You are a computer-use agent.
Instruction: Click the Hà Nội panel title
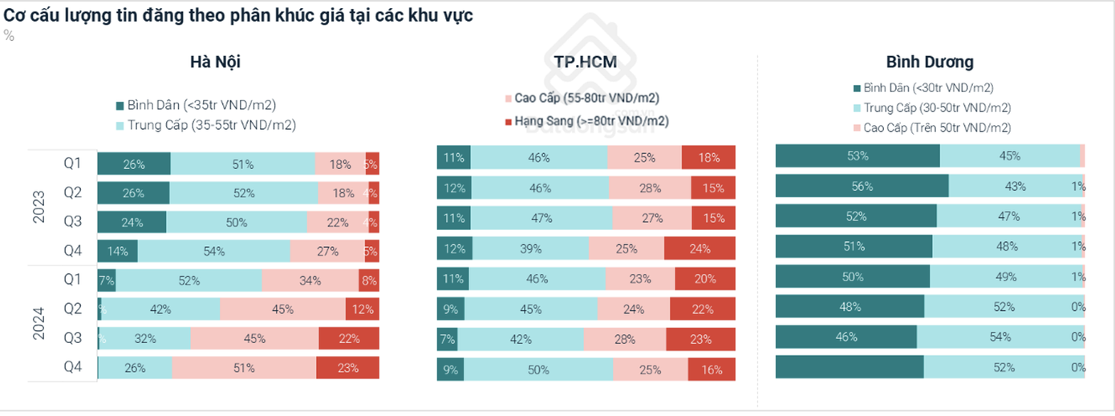215,62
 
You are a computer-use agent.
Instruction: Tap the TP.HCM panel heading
585,62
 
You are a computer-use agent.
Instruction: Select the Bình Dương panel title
930,62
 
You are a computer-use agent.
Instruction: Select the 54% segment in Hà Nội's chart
213,251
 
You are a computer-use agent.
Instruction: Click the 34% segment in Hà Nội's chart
310,281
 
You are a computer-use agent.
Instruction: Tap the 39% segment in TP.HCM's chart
531,248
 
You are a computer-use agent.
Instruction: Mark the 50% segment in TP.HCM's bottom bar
537,370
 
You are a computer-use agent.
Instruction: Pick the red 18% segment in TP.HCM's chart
709,158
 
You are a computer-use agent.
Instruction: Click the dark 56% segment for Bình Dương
862,186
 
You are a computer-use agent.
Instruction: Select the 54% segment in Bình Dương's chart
1000,337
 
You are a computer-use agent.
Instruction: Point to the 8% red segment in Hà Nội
369,281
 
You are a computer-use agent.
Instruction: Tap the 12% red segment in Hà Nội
362,309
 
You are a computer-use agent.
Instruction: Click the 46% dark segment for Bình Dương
845,337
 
